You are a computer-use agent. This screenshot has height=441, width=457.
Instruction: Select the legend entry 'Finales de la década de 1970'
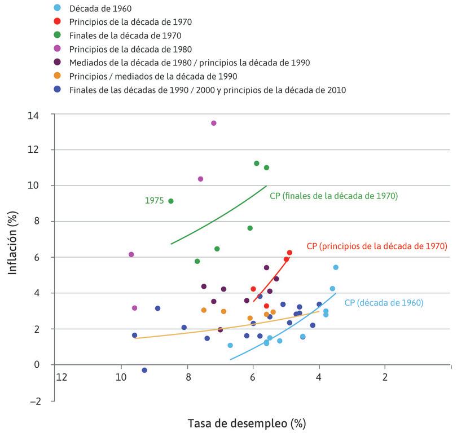tap(125, 36)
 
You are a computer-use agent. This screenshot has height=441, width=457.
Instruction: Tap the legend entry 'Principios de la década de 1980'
tap(130, 49)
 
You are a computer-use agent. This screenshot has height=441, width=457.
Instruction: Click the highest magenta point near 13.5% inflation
tap(213, 123)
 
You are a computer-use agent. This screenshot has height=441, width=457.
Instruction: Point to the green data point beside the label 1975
tap(171, 201)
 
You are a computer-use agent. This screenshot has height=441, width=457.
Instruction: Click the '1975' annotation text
tap(154, 200)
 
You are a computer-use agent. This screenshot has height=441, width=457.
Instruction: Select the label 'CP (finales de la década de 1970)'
tap(333, 196)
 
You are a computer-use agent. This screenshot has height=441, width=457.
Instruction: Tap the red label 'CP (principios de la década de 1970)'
tap(376, 246)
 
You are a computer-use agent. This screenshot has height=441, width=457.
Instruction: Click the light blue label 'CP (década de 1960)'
tap(383, 303)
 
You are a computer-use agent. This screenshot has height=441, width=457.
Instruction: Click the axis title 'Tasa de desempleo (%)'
tap(247, 423)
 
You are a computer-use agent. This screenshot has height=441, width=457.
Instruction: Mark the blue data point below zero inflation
tap(144, 370)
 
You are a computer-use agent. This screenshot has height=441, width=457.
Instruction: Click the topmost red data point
tap(289, 253)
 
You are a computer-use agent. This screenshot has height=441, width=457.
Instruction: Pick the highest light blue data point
tap(336, 267)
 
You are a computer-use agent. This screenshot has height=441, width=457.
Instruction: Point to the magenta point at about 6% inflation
tap(131, 254)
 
